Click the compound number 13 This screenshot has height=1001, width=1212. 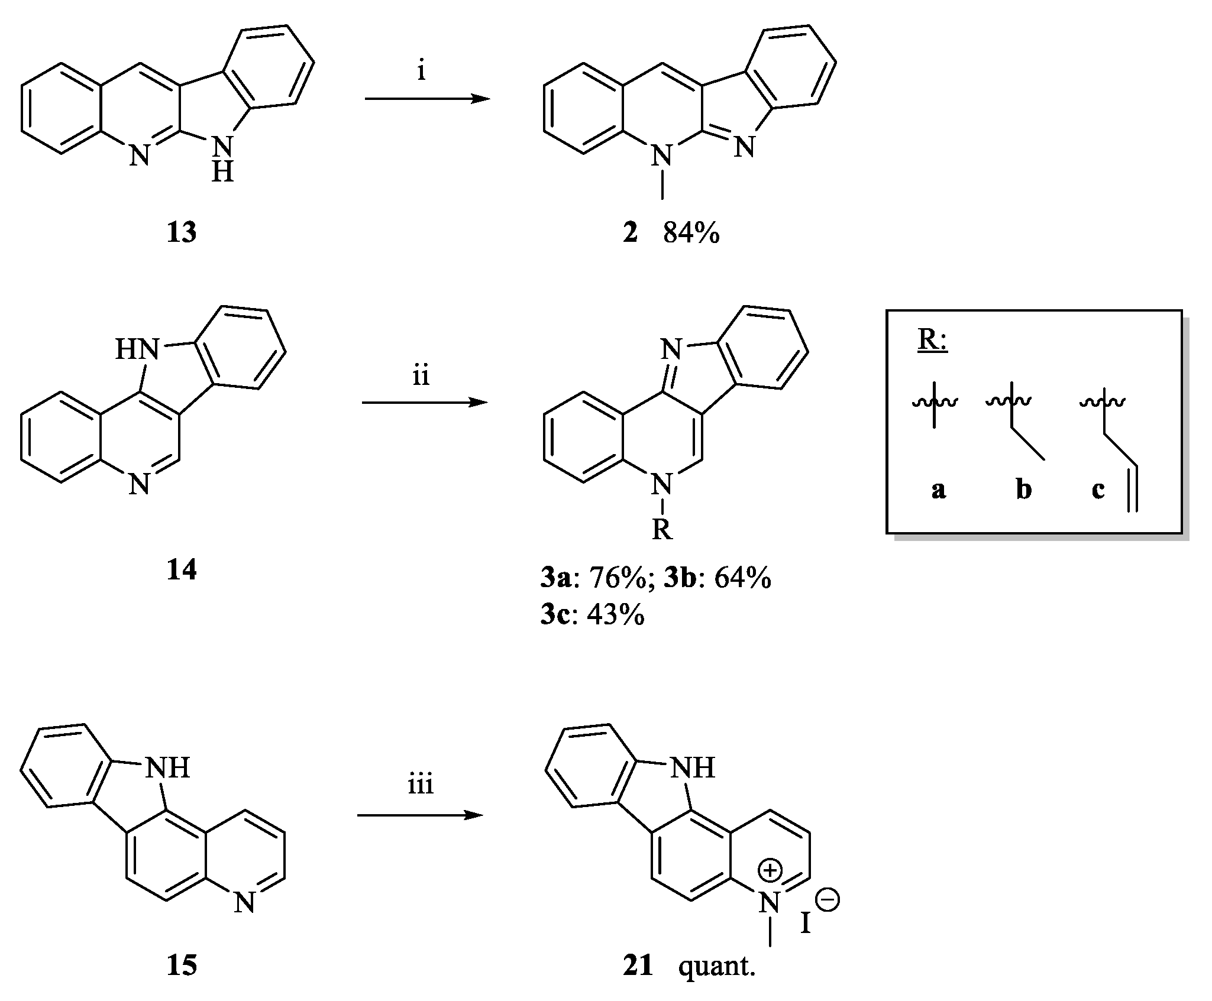click(181, 234)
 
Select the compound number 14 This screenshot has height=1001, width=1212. click(181, 571)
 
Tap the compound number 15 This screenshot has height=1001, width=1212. click(181, 966)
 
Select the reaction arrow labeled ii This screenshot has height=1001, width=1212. click(425, 403)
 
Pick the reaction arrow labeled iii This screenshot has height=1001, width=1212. click(420, 816)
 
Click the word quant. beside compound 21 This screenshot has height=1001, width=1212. click(717, 967)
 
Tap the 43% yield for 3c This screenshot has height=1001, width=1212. click(615, 615)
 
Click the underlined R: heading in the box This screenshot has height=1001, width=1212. click(933, 342)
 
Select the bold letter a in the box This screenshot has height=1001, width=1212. click(938, 490)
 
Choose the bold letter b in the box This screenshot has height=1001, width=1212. click(1023, 490)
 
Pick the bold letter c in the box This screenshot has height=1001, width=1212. click(1098, 490)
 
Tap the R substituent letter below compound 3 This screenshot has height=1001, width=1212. click(662, 530)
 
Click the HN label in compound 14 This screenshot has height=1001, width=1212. click(137, 350)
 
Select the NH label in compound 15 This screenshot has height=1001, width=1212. click(167, 768)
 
